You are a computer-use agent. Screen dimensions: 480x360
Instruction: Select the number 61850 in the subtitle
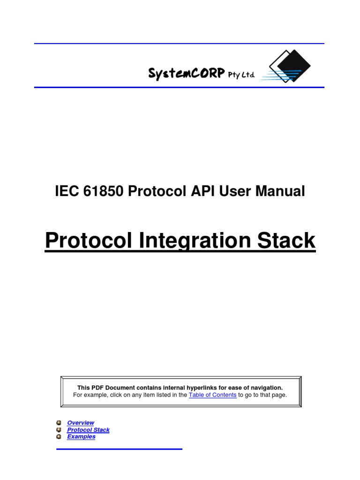100,191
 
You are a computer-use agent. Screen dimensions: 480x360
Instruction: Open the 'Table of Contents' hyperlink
212,395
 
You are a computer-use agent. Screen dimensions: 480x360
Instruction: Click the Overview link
80,423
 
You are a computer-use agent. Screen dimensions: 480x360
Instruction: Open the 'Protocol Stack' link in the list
88,430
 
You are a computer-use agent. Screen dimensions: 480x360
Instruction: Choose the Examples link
81,436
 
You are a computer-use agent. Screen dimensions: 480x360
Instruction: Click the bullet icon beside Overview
59,423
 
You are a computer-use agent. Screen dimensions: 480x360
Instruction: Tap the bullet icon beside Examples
59,436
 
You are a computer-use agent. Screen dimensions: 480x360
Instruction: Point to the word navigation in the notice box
265,388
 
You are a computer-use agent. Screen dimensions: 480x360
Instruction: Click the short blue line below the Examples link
119,449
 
